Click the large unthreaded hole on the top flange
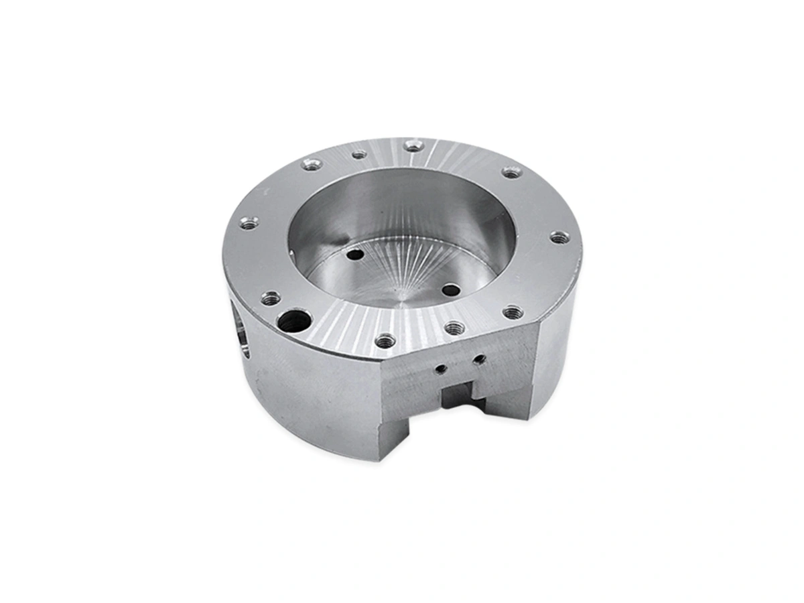click(x=294, y=321)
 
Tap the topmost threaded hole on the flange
click(x=413, y=145)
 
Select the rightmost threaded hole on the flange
click(x=559, y=237)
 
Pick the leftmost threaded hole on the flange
click(x=249, y=223)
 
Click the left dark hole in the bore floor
click(x=356, y=255)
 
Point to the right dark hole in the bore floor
click(x=452, y=291)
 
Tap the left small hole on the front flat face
click(x=440, y=368)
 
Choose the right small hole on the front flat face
click(x=478, y=360)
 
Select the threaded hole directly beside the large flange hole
click(x=270, y=298)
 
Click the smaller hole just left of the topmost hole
click(x=360, y=155)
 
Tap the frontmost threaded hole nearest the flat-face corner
click(x=385, y=341)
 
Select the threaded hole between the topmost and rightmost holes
click(x=512, y=172)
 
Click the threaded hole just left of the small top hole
click(x=312, y=164)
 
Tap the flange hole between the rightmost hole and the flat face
click(x=513, y=312)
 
